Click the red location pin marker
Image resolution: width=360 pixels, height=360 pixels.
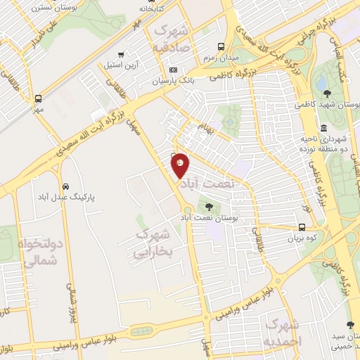tap(181, 165)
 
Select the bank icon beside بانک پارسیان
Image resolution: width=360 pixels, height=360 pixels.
tap(173, 70)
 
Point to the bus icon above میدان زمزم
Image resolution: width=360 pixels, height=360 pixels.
tap(221, 46)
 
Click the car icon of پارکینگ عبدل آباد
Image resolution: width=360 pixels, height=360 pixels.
tap(65, 186)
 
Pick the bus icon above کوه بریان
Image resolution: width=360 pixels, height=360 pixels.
tap(301, 227)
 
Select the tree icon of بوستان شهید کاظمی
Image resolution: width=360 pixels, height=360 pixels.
tap(326, 93)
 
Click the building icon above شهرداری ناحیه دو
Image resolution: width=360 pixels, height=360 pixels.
tap(323, 128)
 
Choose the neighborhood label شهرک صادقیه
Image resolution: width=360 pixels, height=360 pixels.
tap(172, 40)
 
